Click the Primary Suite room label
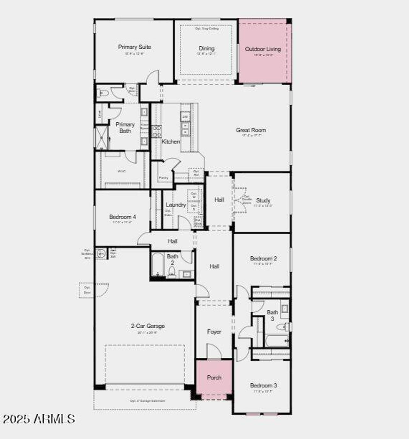(134, 47)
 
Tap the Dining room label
(206, 48)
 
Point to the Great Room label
(251, 130)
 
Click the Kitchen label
(171, 141)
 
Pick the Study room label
(263, 200)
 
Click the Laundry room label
(176, 205)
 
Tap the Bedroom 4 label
(122, 217)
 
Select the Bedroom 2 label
(263, 259)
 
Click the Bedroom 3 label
(263, 386)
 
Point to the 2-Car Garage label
(148, 326)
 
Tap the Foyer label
(214, 332)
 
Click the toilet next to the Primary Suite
(104, 93)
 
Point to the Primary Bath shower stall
(102, 138)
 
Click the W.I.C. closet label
(122, 171)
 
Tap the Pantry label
(163, 178)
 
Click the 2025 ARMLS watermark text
(39, 419)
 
